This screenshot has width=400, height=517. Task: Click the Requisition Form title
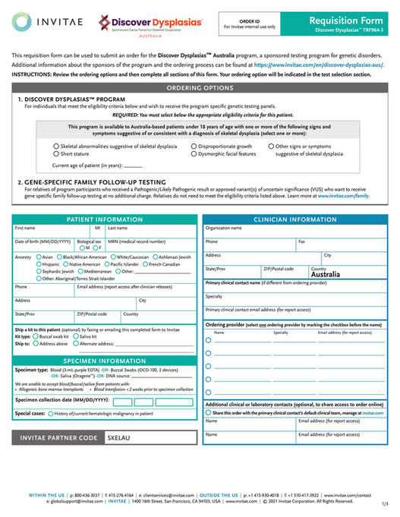coord(352,18)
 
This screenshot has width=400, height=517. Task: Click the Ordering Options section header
coord(200,88)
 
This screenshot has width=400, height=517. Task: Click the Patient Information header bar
coord(104,219)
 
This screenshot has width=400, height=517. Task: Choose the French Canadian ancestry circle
coord(144,264)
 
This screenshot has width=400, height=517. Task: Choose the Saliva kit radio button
coord(74,336)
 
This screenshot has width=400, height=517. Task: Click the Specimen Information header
coord(104,361)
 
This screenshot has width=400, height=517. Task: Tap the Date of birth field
coord(44,245)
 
